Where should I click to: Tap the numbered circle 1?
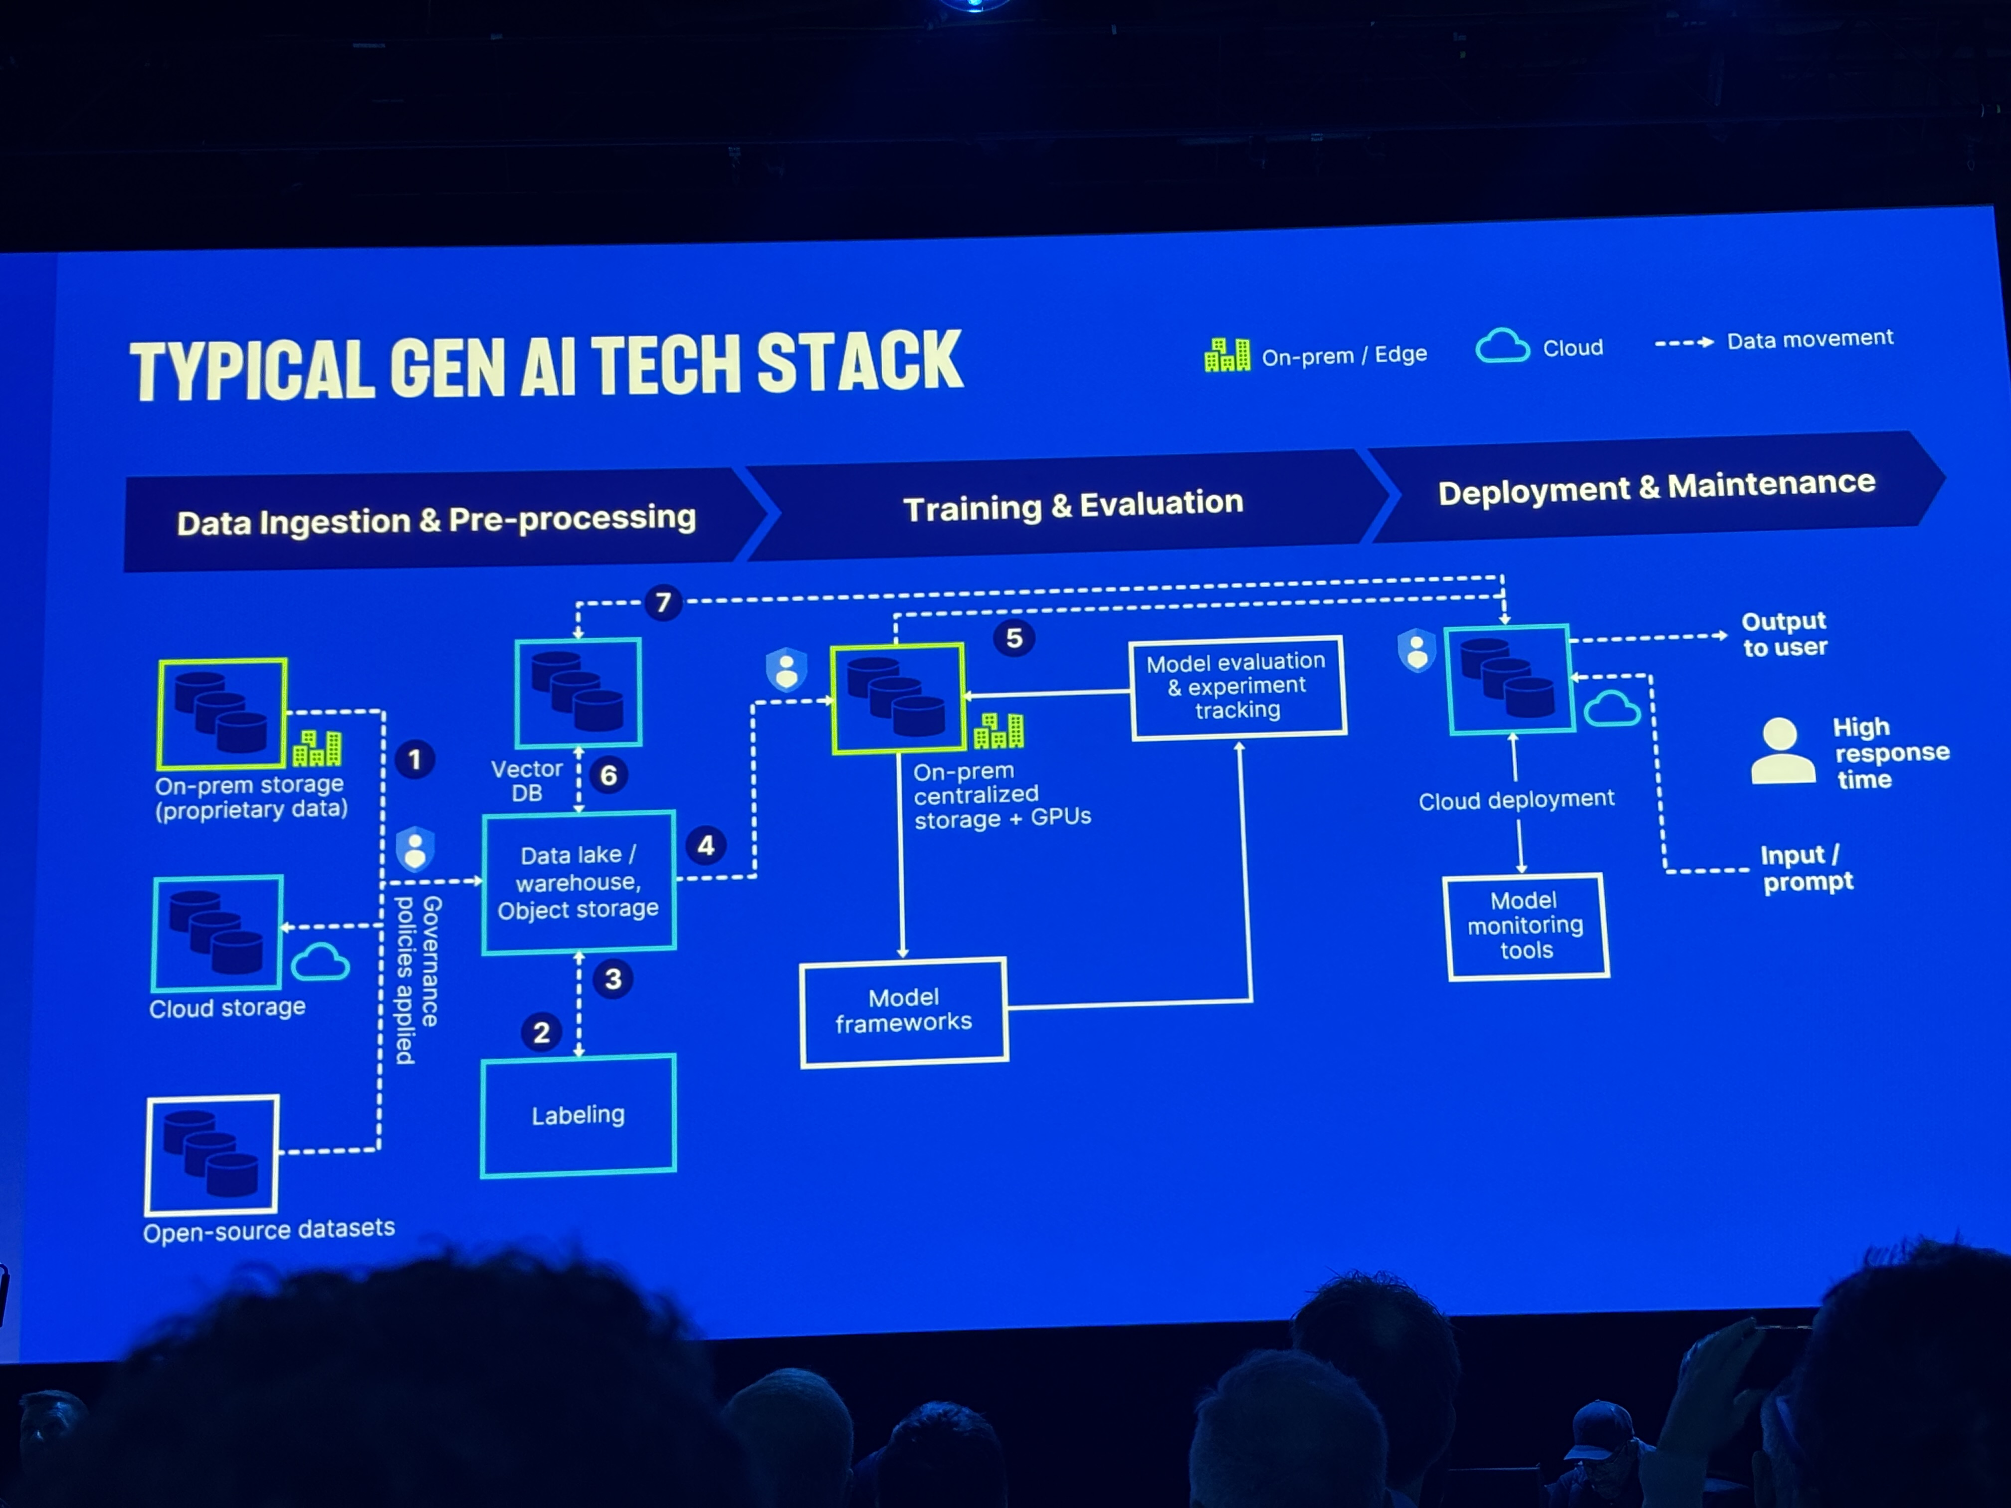414,759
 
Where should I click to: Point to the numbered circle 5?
1013,638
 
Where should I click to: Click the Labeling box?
578,1116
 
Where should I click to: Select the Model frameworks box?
904,1011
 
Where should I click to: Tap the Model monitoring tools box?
1526,926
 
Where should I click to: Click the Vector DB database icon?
578,693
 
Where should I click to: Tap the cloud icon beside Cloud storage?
320,962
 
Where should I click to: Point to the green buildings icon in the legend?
1226,356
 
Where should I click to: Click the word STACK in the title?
859,362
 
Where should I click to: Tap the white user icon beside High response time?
1782,751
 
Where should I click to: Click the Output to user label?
1784,634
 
